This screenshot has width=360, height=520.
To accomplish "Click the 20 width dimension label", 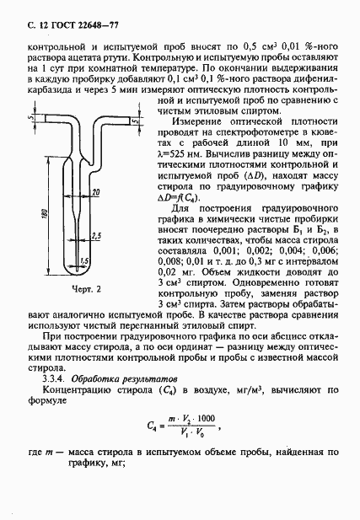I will pos(98,193).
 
